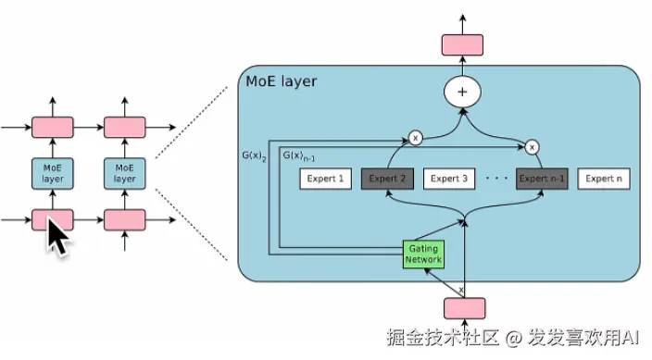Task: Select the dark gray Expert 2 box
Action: pyautogui.click(x=388, y=179)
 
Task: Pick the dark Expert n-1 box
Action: pyautogui.click(x=542, y=179)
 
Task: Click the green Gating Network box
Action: pyautogui.click(x=423, y=254)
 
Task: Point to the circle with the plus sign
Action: pyautogui.click(x=462, y=91)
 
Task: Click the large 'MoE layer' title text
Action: pyautogui.click(x=281, y=81)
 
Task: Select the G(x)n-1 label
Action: pyautogui.click(x=297, y=155)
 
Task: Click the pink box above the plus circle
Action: pyautogui.click(x=462, y=43)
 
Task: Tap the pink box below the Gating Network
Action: pyautogui.click(x=462, y=308)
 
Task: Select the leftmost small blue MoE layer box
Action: pyautogui.click(x=53, y=172)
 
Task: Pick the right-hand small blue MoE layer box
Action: pyautogui.click(x=125, y=172)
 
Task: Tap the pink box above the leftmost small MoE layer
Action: pyautogui.click(x=53, y=126)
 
